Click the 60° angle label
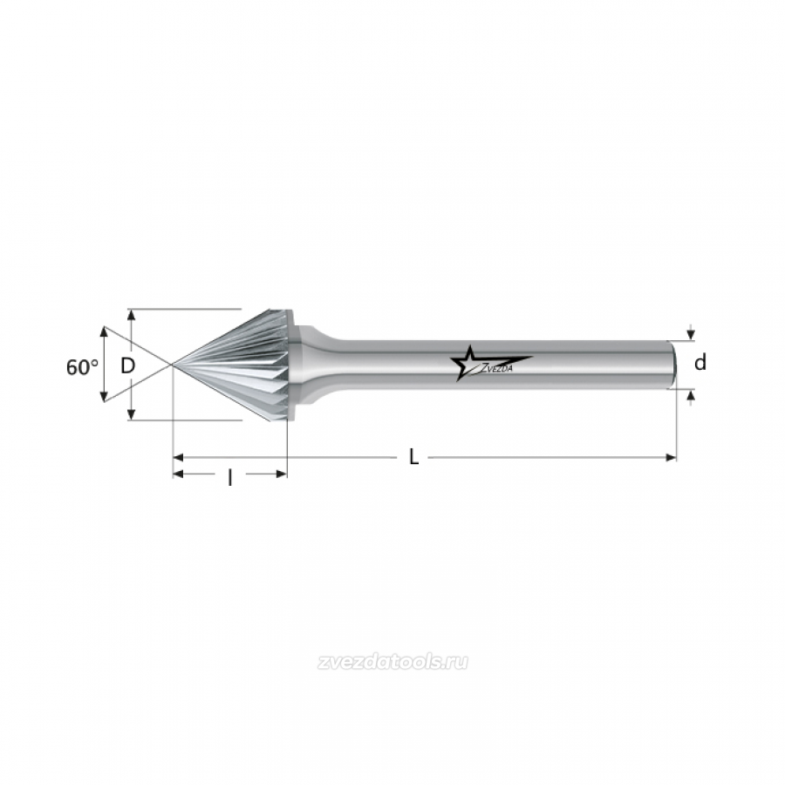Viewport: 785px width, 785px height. click(82, 367)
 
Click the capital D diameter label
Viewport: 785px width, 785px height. click(128, 366)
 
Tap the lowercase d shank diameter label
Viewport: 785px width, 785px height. click(700, 362)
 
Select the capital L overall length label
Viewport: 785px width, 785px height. click(413, 457)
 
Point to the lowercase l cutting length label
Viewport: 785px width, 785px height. click(229, 478)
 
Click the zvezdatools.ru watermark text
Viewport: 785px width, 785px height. click(392, 662)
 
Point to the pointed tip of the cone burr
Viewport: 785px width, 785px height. click(173, 365)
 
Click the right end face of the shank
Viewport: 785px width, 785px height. click(675, 364)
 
